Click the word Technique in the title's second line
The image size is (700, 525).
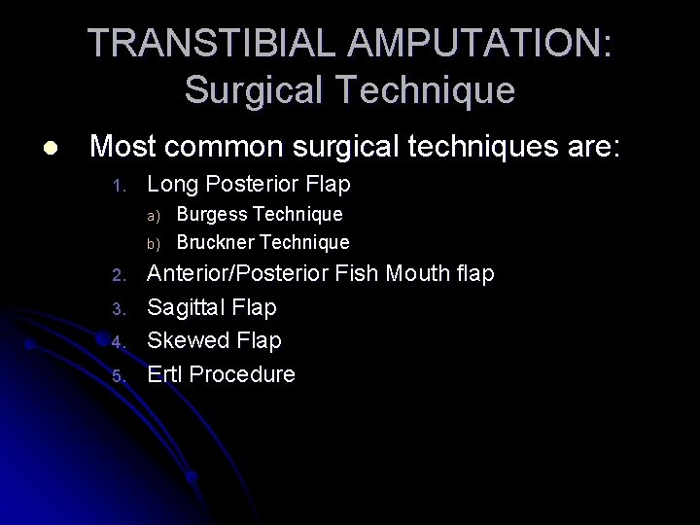click(x=430, y=90)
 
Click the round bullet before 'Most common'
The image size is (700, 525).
click(x=50, y=148)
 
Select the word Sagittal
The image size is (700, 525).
click(x=187, y=307)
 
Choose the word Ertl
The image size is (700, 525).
click(x=164, y=373)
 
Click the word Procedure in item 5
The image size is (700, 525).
click(x=242, y=373)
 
